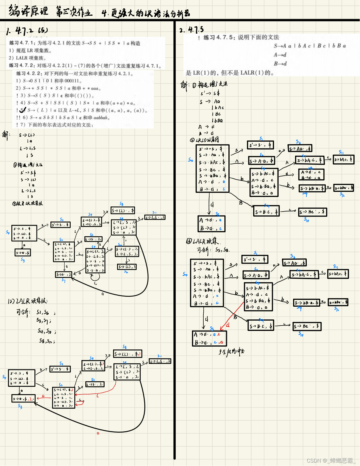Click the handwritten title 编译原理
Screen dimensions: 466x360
[28, 11]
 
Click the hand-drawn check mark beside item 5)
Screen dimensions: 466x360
[23, 110]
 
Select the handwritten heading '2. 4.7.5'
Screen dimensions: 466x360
[191, 30]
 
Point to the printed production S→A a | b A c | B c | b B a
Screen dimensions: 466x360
[310, 46]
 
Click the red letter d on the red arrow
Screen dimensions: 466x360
[228, 325]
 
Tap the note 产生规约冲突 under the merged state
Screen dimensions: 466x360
[231, 352]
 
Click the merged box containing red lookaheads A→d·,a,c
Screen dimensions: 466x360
[210, 338]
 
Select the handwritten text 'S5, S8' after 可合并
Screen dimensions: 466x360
[222, 250]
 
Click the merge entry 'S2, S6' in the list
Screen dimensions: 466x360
[43, 312]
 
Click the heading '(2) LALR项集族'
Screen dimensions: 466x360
[27, 301]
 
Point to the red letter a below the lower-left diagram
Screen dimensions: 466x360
[98, 433]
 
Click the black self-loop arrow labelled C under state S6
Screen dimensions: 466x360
[95, 277]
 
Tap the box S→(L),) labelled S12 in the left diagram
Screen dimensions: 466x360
[127, 267]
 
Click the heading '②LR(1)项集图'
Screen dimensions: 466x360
[204, 140]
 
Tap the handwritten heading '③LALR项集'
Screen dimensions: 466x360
[203, 241]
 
